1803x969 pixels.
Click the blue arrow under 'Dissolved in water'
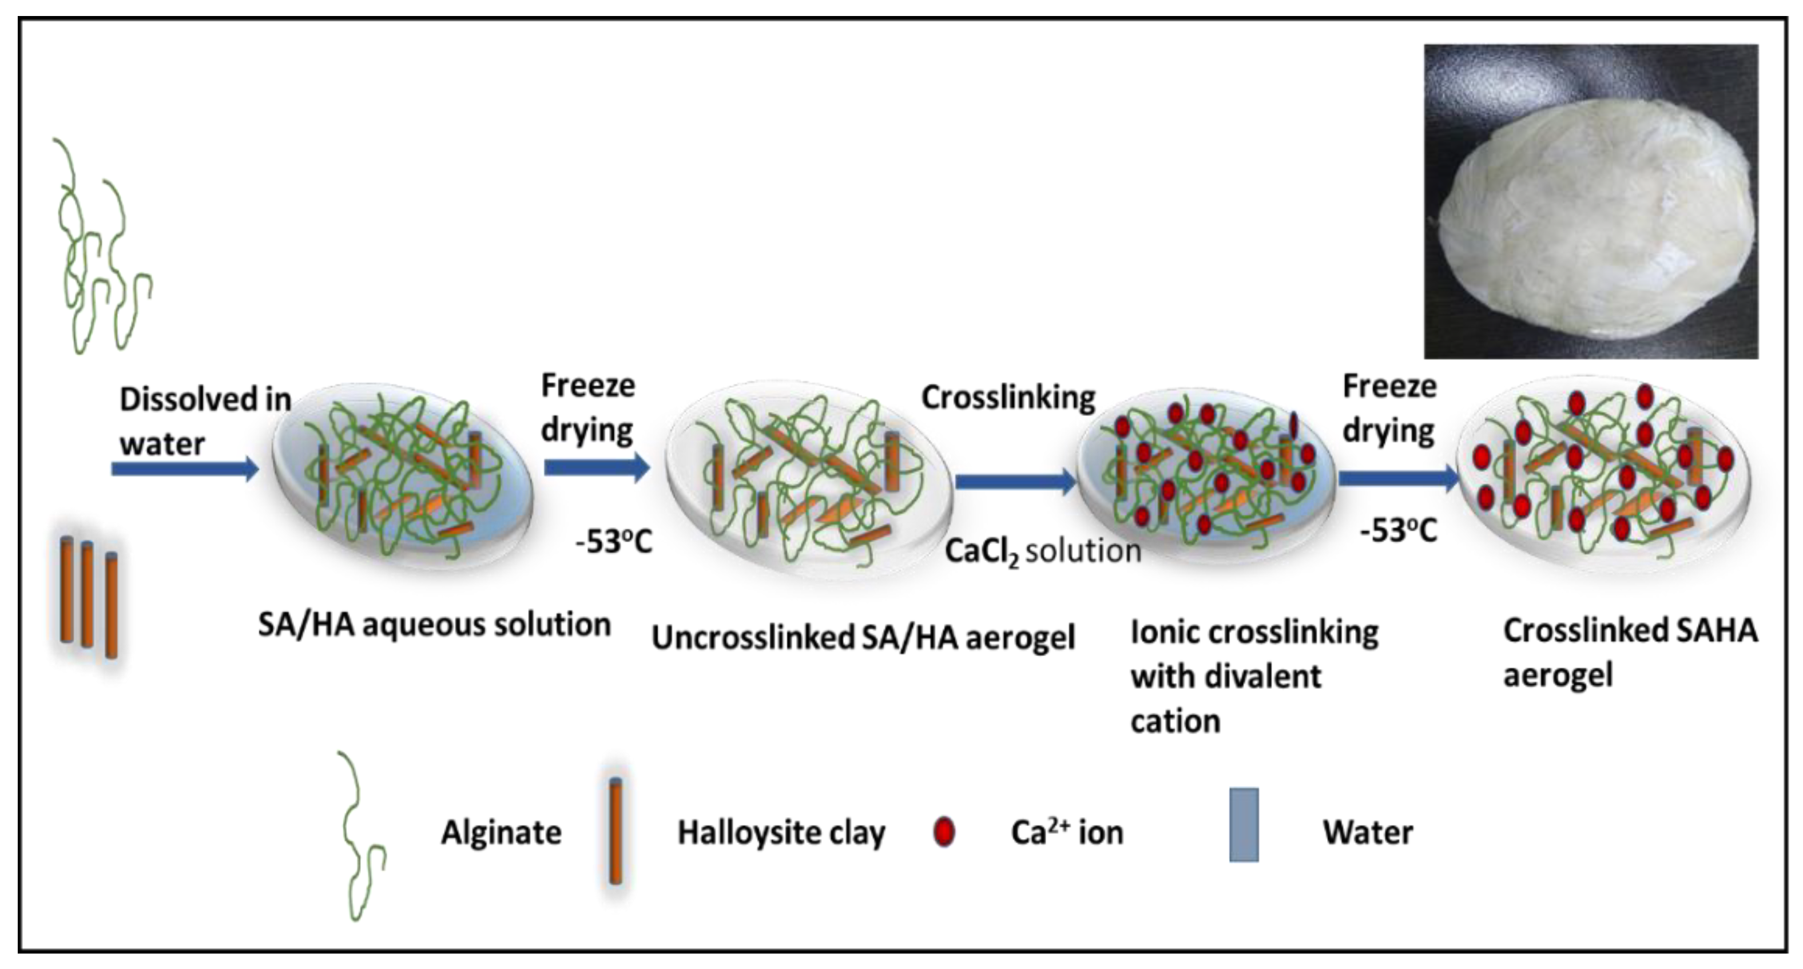[184, 469]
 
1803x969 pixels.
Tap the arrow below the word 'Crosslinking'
[1015, 481]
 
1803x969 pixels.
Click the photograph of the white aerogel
[1590, 202]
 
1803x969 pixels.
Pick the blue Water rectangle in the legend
[1244, 825]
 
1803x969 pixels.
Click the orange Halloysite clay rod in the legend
[615, 832]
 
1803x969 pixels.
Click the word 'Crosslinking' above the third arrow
[1008, 398]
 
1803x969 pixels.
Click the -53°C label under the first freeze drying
[614, 542]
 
